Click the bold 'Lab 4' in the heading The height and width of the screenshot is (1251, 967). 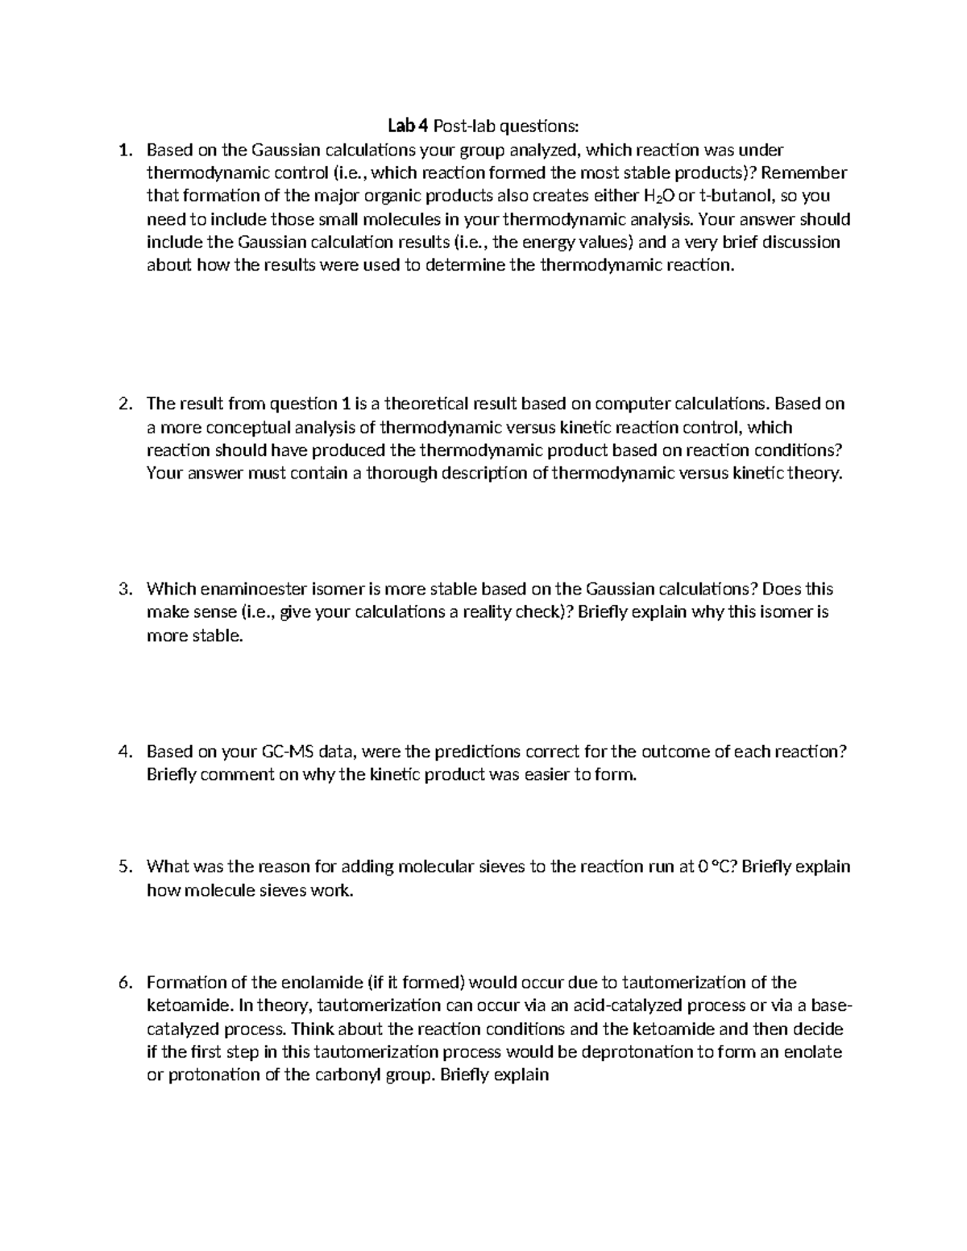408,126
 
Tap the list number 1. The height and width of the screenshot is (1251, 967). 124,149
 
